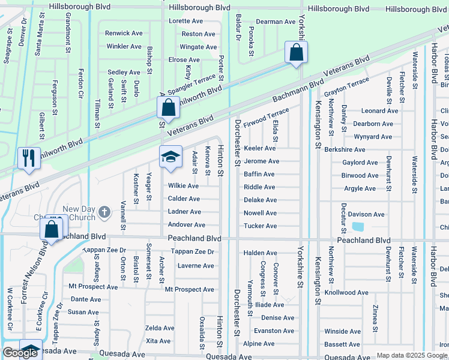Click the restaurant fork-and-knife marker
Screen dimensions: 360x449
(29, 159)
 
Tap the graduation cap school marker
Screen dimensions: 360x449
(170, 157)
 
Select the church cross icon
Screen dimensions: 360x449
(104, 212)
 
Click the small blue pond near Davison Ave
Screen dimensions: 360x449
(358, 227)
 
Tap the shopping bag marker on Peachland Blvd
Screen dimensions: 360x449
(52, 230)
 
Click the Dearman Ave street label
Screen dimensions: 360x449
(276, 22)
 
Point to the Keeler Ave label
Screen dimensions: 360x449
(259, 148)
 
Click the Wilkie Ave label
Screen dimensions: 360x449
(183, 186)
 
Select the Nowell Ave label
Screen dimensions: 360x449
(260, 213)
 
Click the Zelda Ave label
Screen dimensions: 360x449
(160, 328)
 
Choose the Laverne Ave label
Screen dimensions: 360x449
(196, 266)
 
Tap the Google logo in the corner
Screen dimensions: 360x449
(20, 353)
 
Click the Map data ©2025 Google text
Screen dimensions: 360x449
(412, 355)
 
